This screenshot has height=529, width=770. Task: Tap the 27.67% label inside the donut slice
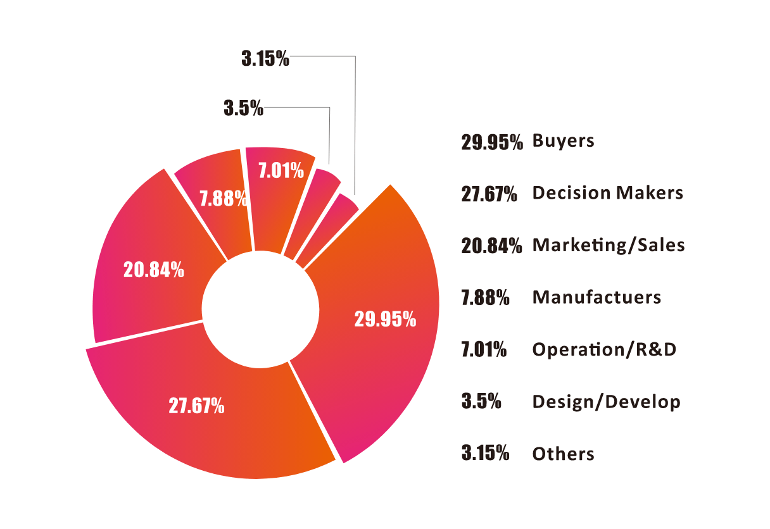point(196,406)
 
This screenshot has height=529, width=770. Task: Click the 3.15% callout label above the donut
point(265,59)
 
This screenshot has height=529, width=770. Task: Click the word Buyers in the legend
point(563,140)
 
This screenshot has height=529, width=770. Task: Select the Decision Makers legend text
point(607,192)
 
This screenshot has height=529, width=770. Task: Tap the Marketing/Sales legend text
point(609,245)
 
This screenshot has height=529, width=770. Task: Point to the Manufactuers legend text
point(596,297)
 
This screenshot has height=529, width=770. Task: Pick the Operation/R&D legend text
point(604,349)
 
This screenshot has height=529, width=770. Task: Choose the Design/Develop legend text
point(606,402)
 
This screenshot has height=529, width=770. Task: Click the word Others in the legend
point(563,454)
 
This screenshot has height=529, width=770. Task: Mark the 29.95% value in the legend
point(492,142)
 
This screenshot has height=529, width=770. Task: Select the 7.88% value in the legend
point(486,297)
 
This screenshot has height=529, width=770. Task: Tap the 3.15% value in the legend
point(486,454)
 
